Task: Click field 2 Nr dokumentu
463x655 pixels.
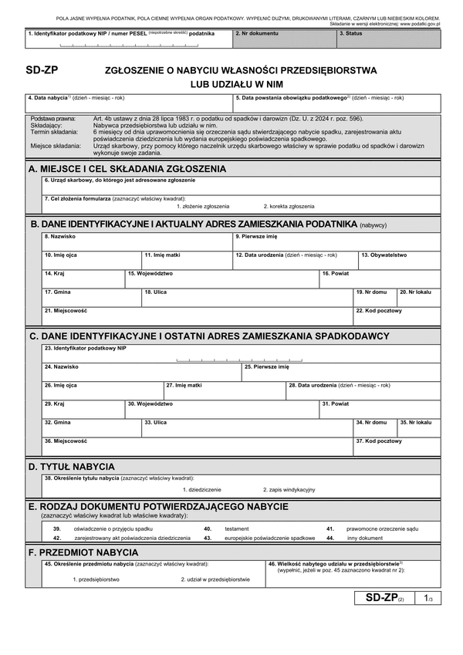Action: point(284,39)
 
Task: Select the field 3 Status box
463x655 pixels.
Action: point(389,39)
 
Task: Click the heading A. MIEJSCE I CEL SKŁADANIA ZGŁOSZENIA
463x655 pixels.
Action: point(127,168)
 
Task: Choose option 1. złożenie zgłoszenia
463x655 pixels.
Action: point(202,206)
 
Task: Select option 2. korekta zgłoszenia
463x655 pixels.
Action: point(289,206)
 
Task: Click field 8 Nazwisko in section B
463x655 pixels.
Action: point(137,241)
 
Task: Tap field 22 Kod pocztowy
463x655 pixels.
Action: point(397,316)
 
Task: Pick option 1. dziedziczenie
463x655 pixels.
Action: point(201,490)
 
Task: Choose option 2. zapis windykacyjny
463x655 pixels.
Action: point(289,490)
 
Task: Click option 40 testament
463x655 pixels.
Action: point(236,528)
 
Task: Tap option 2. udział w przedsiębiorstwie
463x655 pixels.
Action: point(215,579)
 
